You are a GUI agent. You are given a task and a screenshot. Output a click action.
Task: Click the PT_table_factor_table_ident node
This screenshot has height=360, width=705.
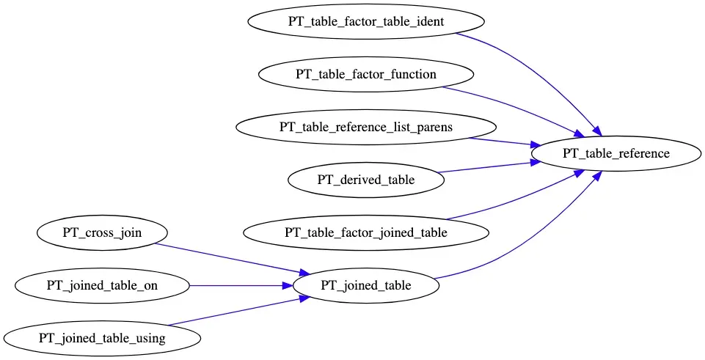coord(365,21)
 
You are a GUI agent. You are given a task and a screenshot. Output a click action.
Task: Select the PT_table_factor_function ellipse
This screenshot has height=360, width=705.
coord(365,74)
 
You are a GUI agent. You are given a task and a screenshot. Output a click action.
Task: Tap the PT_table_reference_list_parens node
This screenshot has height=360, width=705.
coord(365,127)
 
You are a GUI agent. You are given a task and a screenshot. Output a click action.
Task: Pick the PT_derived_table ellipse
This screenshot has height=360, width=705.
coord(365,180)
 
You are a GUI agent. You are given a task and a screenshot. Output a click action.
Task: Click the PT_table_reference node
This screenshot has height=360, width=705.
coord(615,153)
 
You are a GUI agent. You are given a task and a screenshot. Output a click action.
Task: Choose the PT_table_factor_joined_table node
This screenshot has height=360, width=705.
coord(365,233)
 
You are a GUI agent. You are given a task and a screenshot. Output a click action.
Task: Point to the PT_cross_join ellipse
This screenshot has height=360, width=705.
coord(101,233)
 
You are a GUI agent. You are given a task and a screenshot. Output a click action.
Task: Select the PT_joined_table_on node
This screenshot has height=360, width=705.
coord(101,286)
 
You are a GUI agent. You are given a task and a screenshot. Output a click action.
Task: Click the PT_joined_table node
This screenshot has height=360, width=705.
coord(365,286)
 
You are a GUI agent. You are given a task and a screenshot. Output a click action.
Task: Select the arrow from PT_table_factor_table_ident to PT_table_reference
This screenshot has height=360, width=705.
coord(543,66)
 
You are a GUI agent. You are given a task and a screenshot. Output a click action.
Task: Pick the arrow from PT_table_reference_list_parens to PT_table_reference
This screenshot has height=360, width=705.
coord(499,141)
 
